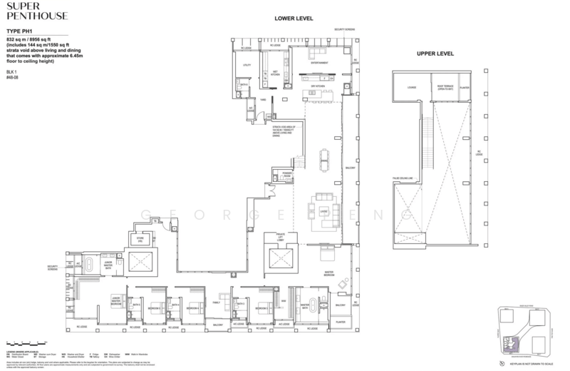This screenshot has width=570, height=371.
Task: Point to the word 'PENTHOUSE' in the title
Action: pyautogui.click(x=29, y=19)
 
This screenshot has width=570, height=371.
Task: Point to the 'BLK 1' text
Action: pyautogui.click(x=10, y=72)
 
